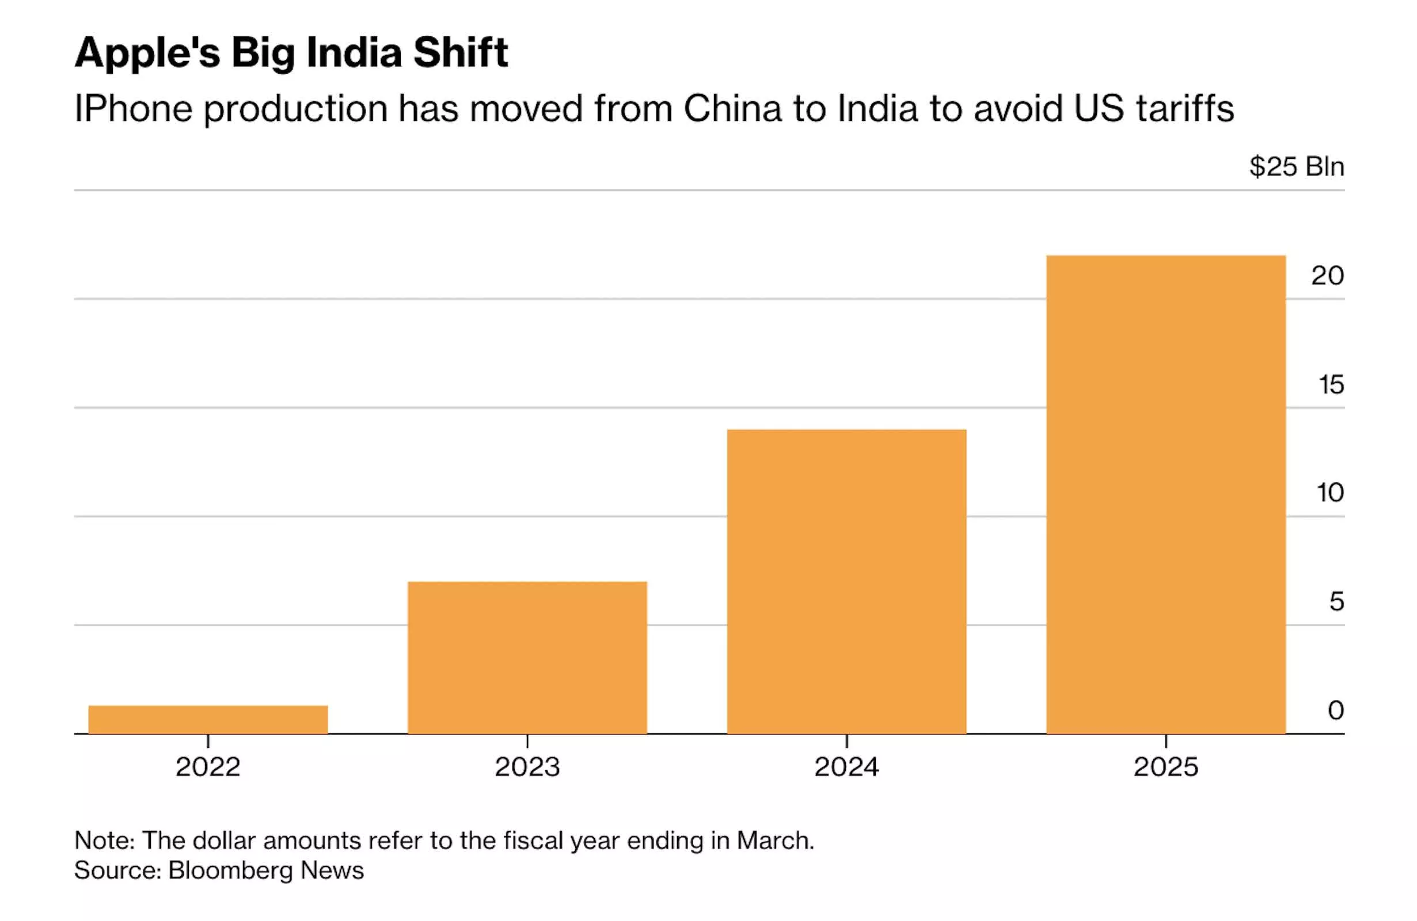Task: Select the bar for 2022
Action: pos(208,719)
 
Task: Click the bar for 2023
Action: pos(527,657)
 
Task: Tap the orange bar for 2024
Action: pos(846,581)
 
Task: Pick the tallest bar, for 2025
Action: pos(1165,494)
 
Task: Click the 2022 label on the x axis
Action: pos(208,767)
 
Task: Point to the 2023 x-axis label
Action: pos(527,767)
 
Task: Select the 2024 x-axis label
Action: pos(846,767)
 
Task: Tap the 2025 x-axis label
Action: pos(1165,767)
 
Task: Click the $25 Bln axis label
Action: pos(1296,167)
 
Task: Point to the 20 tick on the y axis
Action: pos(1327,276)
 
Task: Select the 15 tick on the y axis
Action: pos(1331,385)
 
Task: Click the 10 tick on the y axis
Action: pos(1329,493)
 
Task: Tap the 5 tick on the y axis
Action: pos(1336,602)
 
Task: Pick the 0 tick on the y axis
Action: pos(1335,710)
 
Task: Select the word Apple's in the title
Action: pos(147,54)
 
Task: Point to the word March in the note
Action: pos(774,840)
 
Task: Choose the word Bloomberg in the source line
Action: pos(230,870)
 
